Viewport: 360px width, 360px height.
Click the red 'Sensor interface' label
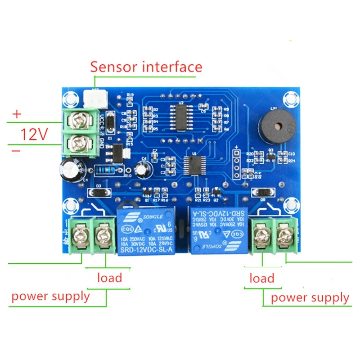[146, 67]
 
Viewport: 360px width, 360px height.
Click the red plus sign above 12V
[16, 115]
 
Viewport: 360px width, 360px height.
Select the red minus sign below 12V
[16, 152]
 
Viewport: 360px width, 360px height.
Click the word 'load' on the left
[110, 277]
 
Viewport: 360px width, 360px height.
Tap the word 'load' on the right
[262, 278]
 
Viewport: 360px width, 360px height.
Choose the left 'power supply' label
[50, 296]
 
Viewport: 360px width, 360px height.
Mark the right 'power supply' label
[310, 297]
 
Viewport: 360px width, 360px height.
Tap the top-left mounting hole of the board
[70, 98]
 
